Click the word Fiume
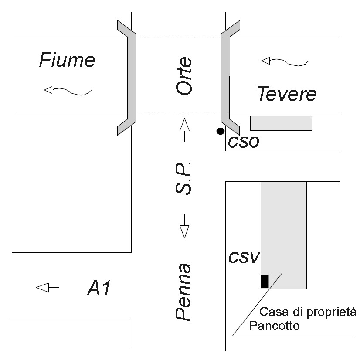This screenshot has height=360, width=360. pyautogui.click(x=67, y=60)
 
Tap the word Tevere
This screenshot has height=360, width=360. pyautogui.click(x=286, y=94)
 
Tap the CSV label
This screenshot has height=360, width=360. pyautogui.click(x=244, y=258)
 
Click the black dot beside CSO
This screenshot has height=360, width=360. pyautogui.click(x=221, y=130)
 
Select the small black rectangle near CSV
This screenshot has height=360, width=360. pyautogui.click(x=265, y=281)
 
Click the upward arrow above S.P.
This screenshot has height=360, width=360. pyautogui.click(x=184, y=129)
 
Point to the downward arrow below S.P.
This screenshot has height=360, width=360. pyautogui.click(x=184, y=226)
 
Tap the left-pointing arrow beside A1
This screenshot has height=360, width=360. pyautogui.click(x=47, y=288)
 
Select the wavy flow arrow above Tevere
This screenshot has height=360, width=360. pyautogui.click(x=285, y=62)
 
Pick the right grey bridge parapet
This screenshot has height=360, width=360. pyautogui.click(x=226, y=76)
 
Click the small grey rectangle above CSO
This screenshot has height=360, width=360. pyautogui.click(x=281, y=123)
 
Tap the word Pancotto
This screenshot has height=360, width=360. pyautogui.click(x=275, y=326)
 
